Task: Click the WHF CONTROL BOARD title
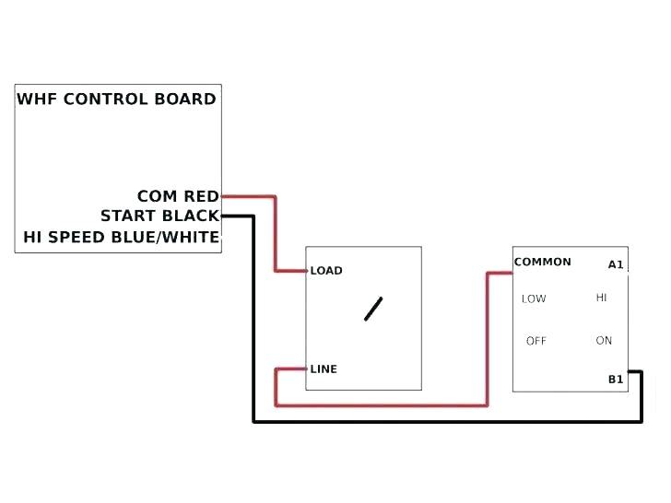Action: click(x=117, y=99)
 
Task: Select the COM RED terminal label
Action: click(x=178, y=196)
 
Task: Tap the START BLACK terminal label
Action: click(x=159, y=216)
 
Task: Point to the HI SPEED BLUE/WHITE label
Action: click(x=122, y=238)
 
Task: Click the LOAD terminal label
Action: click(x=326, y=271)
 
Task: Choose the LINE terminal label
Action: click(x=324, y=369)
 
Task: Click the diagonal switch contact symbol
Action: click(x=373, y=309)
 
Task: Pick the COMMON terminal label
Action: click(x=543, y=263)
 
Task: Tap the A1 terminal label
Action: click(x=616, y=265)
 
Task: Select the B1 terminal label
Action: click(x=616, y=380)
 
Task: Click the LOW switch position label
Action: click(x=534, y=298)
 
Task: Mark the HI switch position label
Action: click(x=602, y=298)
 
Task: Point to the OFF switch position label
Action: click(x=536, y=341)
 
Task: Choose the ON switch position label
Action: click(x=604, y=341)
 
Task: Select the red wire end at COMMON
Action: click(x=512, y=273)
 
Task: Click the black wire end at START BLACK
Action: click(x=223, y=216)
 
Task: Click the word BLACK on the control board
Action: click(x=191, y=216)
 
